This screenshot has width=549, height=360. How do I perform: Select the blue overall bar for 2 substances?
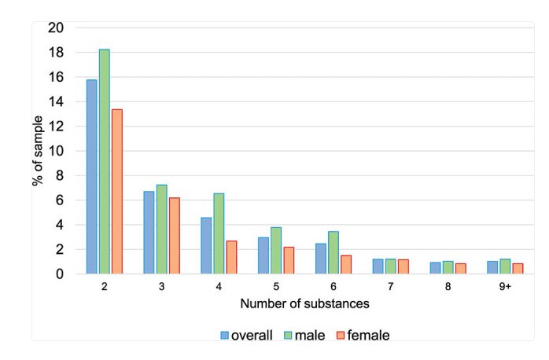pos(92,177)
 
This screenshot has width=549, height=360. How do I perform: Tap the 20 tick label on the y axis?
pos(56,28)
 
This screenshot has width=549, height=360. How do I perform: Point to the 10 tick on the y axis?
pos(56,151)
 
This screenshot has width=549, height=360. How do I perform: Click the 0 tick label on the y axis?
pos(59,274)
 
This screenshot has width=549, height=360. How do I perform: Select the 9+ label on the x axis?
pos(504,287)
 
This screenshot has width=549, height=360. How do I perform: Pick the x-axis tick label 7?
pos(390,287)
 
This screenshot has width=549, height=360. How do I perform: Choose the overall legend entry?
pos(246,335)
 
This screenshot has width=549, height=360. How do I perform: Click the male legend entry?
pos(312,335)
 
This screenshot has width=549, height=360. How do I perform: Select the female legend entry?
pos(362,335)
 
